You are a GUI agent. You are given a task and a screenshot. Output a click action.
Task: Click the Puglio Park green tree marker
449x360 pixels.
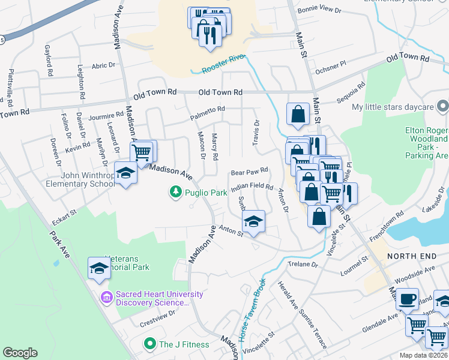coord(175,192)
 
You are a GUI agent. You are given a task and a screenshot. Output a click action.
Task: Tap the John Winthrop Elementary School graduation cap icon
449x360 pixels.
coord(125,173)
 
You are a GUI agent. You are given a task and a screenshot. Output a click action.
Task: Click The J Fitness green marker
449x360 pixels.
coord(149,344)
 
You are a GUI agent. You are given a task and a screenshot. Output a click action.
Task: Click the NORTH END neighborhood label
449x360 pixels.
coord(411,256)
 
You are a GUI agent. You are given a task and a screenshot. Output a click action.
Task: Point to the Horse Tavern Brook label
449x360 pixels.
coord(252,310)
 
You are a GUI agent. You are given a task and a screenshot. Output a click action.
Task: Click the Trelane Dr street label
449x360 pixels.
coord(302,264)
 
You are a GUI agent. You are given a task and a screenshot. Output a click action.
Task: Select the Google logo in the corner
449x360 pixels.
coord(20,353)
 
